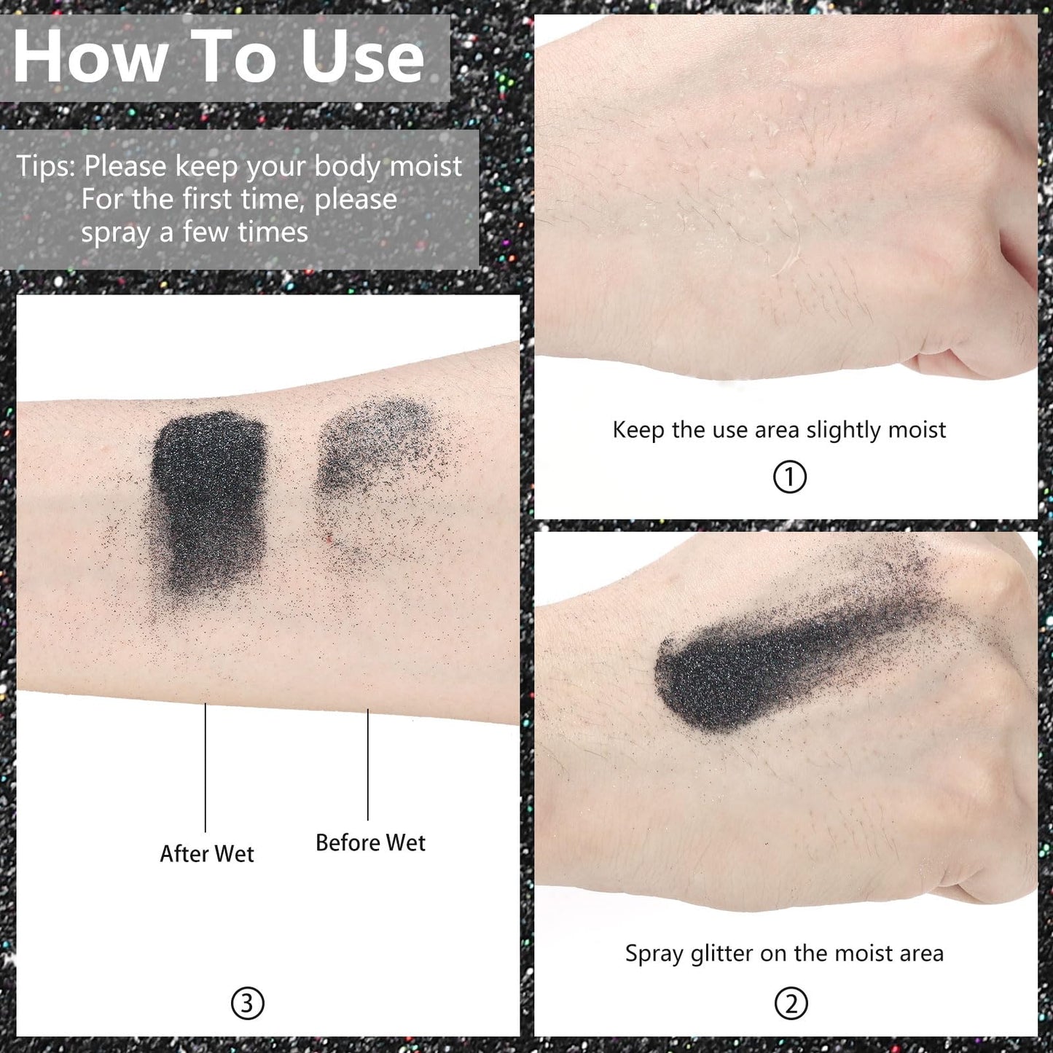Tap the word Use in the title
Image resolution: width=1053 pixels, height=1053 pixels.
(362, 57)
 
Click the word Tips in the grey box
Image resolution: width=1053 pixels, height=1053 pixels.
(44, 166)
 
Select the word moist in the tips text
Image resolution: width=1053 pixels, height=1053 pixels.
(426, 166)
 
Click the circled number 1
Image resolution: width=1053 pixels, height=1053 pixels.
(789, 477)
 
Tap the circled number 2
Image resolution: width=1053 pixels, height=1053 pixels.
(791, 1003)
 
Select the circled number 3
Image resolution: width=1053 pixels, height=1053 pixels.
(247, 1003)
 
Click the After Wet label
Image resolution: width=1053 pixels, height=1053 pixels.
(207, 853)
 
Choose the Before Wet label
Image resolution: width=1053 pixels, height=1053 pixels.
(370, 842)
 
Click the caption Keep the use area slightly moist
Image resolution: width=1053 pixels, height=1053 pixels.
(779, 430)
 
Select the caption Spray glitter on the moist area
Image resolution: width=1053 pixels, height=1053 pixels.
(784, 953)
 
